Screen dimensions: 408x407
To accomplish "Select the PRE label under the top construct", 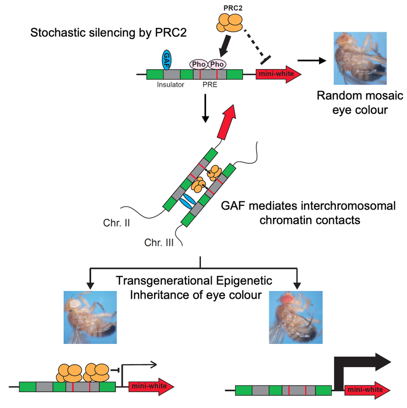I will (209, 85).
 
